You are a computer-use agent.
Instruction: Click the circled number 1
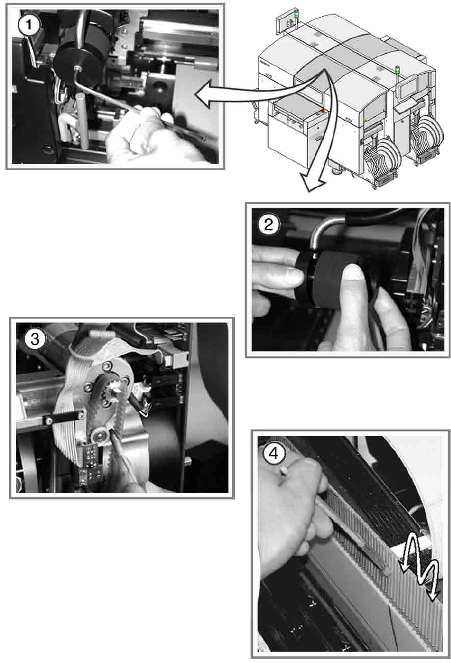click(29, 25)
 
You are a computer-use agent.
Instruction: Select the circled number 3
click(35, 339)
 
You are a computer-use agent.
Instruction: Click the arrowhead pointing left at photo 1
click(204, 94)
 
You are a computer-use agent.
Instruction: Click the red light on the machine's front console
click(323, 110)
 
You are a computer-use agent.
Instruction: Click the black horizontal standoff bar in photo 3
click(64, 418)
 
